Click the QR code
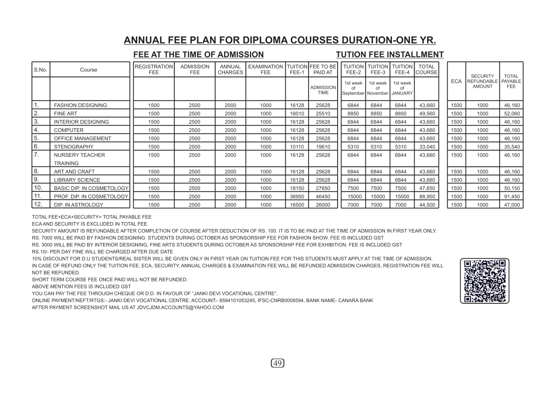(485, 281)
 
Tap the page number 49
(277, 363)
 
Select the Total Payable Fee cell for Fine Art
(512, 114)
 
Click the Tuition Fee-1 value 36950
(297, 197)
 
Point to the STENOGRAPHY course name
(74, 147)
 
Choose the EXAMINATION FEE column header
(266, 69)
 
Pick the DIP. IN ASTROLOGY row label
(79, 205)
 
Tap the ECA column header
(456, 81)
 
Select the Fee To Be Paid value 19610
(323, 147)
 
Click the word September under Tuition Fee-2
(353, 93)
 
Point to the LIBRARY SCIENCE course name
(77, 180)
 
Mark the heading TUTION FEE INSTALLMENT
(389, 55)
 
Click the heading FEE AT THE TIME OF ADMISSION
(198, 55)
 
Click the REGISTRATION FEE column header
(154, 69)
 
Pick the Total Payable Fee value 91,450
(512, 197)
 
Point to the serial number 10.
(38, 188)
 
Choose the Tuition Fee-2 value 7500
(353, 188)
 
